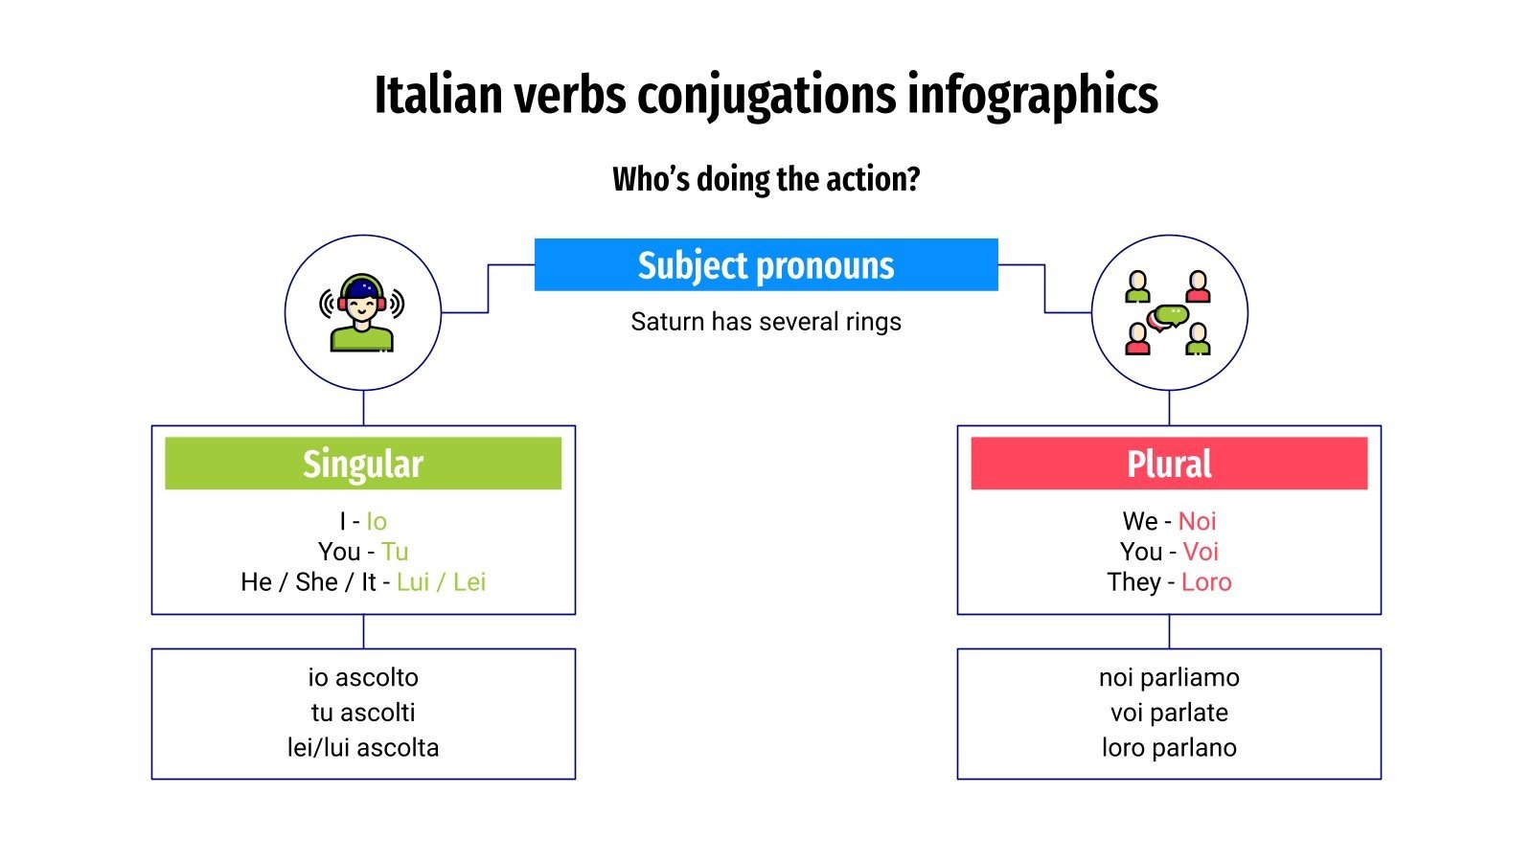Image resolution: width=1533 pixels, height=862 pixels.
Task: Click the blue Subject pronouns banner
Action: click(766, 265)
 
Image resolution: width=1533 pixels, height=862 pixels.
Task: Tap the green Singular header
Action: click(363, 464)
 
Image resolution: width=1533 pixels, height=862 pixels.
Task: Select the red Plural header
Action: click(1169, 464)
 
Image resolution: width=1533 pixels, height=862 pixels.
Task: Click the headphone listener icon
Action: click(362, 312)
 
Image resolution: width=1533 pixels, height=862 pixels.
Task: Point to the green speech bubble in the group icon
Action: click(1172, 314)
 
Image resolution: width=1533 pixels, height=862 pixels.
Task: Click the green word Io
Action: click(377, 521)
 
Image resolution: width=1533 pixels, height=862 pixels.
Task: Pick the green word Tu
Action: click(395, 552)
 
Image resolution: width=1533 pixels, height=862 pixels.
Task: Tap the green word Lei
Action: click(469, 582)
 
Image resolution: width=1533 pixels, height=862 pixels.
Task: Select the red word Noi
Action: click(1197, 521)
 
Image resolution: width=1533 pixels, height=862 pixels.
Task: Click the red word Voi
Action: click(1201, 552)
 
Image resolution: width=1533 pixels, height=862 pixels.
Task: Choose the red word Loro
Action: click(1206, 582)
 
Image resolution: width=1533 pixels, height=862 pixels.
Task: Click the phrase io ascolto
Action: click(363, 677)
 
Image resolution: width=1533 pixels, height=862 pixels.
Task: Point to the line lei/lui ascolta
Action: click(363, 747)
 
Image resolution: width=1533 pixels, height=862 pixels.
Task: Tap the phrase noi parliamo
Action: click(1169, 677)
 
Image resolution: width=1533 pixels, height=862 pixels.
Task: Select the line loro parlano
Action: click(1169, 747)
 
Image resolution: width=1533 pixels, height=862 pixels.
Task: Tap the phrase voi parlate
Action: click(1169, 713)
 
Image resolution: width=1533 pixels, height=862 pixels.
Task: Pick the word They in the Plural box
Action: click(1133, 582)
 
